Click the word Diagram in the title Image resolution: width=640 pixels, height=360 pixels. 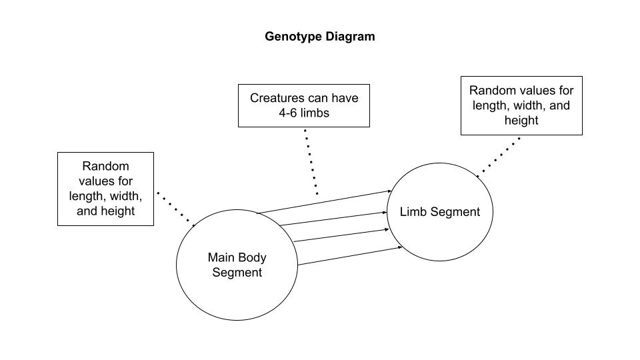click(350, 37)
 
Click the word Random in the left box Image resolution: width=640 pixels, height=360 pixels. click(105, 166)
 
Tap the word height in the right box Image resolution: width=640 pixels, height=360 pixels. click(521, 121)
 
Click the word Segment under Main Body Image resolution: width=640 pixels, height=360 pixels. click(237, 272)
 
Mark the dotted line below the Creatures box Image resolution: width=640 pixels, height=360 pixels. click(311, 161)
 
